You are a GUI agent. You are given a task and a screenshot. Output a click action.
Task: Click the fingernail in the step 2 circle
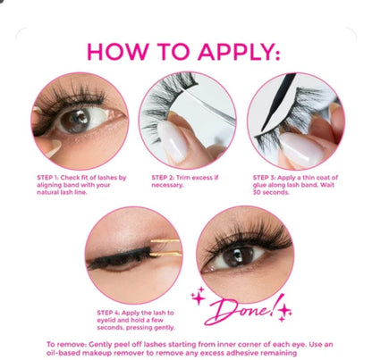[173, 143]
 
